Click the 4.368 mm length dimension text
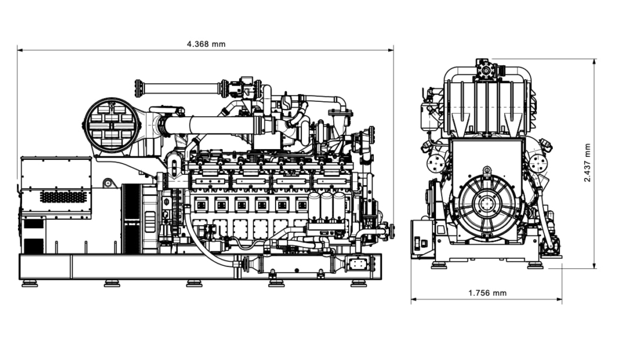[x=205, y=44]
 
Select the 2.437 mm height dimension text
[x=587, y=163]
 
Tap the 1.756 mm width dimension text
[x=486, y=293]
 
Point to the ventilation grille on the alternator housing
[x=63, y=196]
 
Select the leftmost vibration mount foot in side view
[x=29, y=283]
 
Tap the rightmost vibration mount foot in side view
[x=358, y=283]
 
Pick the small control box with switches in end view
[x=421, y=239]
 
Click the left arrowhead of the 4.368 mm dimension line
[x=19, y=51]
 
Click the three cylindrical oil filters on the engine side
[x=327, y=206]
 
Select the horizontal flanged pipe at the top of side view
[x=180, y=89]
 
